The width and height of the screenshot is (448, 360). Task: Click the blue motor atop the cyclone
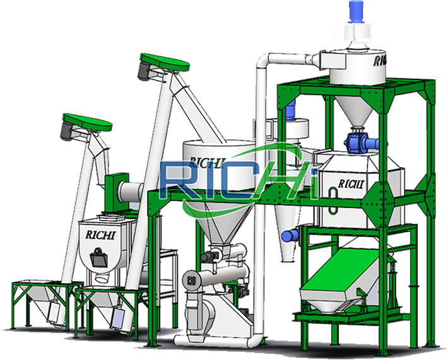pyautogui.click(x=355, y=11)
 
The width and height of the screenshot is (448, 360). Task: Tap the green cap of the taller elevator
pyautogui.click(x=165, y=62)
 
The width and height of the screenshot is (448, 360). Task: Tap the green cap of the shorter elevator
pyautogui.click(x=88, y=122)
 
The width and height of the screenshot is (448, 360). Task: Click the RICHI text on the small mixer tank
pyautogui.click(x=100, y=235)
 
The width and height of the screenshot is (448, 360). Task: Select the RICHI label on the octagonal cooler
pyautogui.click(x=351, y=184)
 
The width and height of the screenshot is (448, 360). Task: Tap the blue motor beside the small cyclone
pyautogui.click(x=290, y=236)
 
